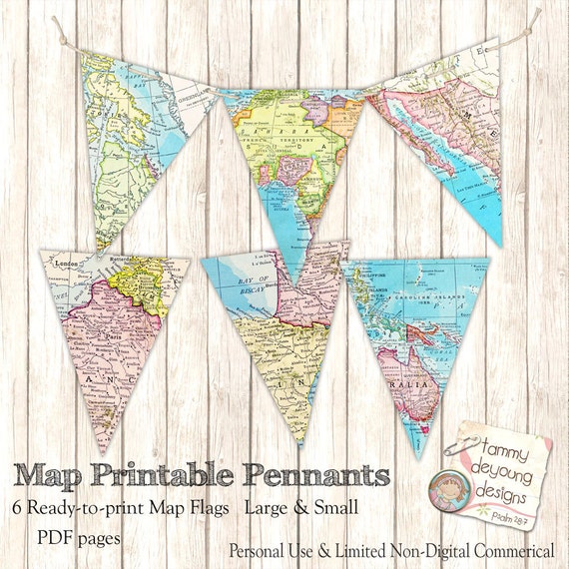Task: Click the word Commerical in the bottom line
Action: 503,549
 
